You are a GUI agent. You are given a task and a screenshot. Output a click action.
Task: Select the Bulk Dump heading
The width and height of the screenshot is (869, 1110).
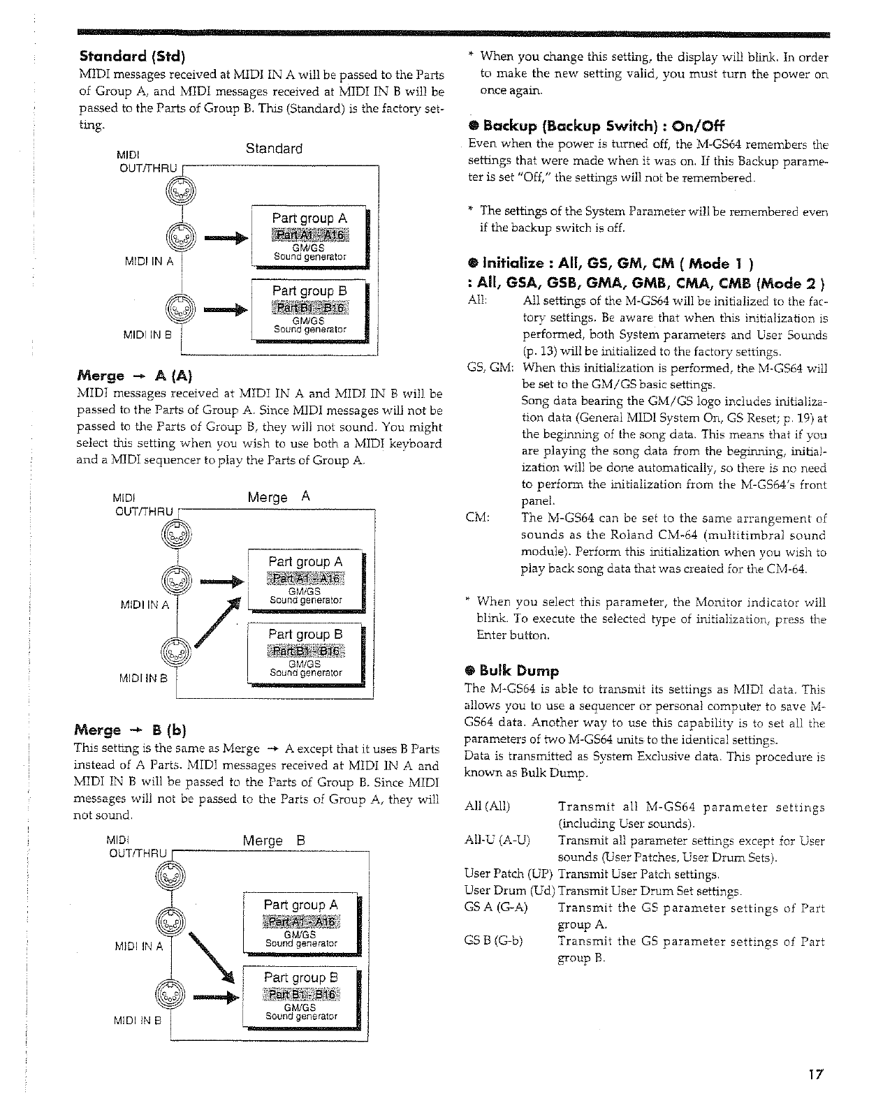516,671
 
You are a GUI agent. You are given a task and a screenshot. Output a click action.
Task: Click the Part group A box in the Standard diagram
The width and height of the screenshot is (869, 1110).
310,237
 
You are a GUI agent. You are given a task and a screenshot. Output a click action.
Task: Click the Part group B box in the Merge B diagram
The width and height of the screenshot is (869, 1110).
301,996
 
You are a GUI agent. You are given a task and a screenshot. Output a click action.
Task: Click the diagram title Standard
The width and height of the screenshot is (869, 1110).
274,149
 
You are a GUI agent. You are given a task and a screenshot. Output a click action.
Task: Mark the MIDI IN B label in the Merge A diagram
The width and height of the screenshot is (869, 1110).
143,677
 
